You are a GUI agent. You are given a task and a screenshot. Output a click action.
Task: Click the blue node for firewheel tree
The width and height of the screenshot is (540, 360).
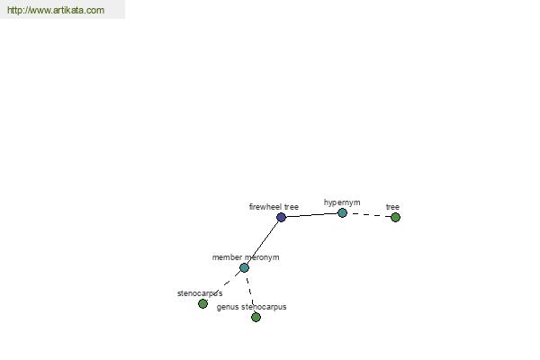coord(282,218)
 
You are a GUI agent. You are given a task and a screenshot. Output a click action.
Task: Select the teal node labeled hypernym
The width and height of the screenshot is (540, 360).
coord(342,213)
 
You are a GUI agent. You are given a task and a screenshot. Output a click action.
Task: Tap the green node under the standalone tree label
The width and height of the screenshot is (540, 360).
coord(395,218)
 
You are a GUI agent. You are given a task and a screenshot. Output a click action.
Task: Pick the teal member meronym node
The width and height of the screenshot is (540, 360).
coord(244,267)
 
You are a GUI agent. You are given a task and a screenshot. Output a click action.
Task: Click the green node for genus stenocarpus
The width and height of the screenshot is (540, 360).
coord(256,318)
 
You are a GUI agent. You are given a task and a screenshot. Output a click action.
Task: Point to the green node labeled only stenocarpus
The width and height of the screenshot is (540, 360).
coord(202,303)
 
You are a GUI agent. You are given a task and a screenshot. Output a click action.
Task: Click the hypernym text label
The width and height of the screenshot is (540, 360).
coord(342,202)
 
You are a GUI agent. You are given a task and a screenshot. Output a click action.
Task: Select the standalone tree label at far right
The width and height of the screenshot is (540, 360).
coord(392,207)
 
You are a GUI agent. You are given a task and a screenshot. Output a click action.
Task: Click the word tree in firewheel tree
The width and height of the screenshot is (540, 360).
coord(292,207)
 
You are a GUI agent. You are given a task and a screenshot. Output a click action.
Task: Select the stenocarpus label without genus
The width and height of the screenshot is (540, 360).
coord(200,293)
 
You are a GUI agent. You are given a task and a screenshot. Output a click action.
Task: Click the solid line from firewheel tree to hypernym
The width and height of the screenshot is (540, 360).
coord(311,215)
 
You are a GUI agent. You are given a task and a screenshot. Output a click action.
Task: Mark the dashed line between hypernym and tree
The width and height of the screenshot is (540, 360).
coord(369,215)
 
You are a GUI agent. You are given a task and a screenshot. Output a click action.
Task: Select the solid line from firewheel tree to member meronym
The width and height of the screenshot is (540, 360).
coord(263,242)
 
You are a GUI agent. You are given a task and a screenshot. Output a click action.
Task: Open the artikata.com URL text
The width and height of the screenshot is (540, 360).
coord(56,10)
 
